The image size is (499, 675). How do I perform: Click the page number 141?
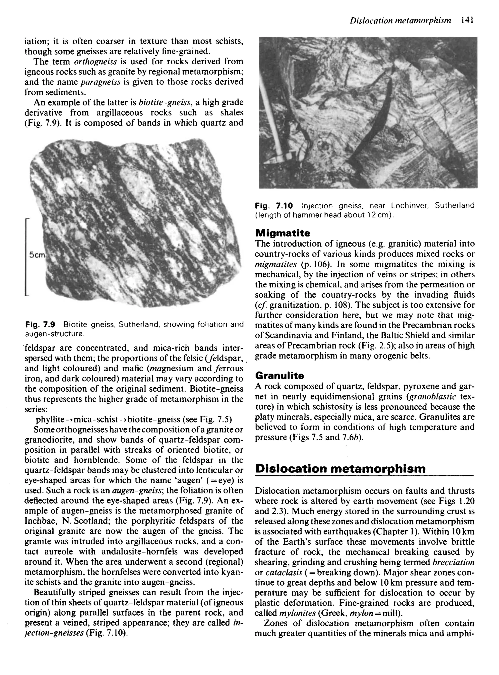pos(467,20)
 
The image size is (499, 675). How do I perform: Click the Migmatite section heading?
pos(282,233)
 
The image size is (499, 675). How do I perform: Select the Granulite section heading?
pos(279,376)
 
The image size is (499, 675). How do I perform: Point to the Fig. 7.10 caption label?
pos(274,206)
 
